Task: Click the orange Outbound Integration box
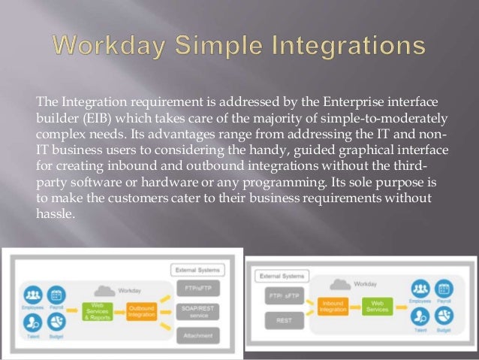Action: click(142, 310)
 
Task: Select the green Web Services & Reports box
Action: click(98, 310)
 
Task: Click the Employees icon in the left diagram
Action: click(32, 293)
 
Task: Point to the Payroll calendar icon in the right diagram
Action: click(443, 289)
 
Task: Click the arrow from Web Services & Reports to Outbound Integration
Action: click(120, 310)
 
